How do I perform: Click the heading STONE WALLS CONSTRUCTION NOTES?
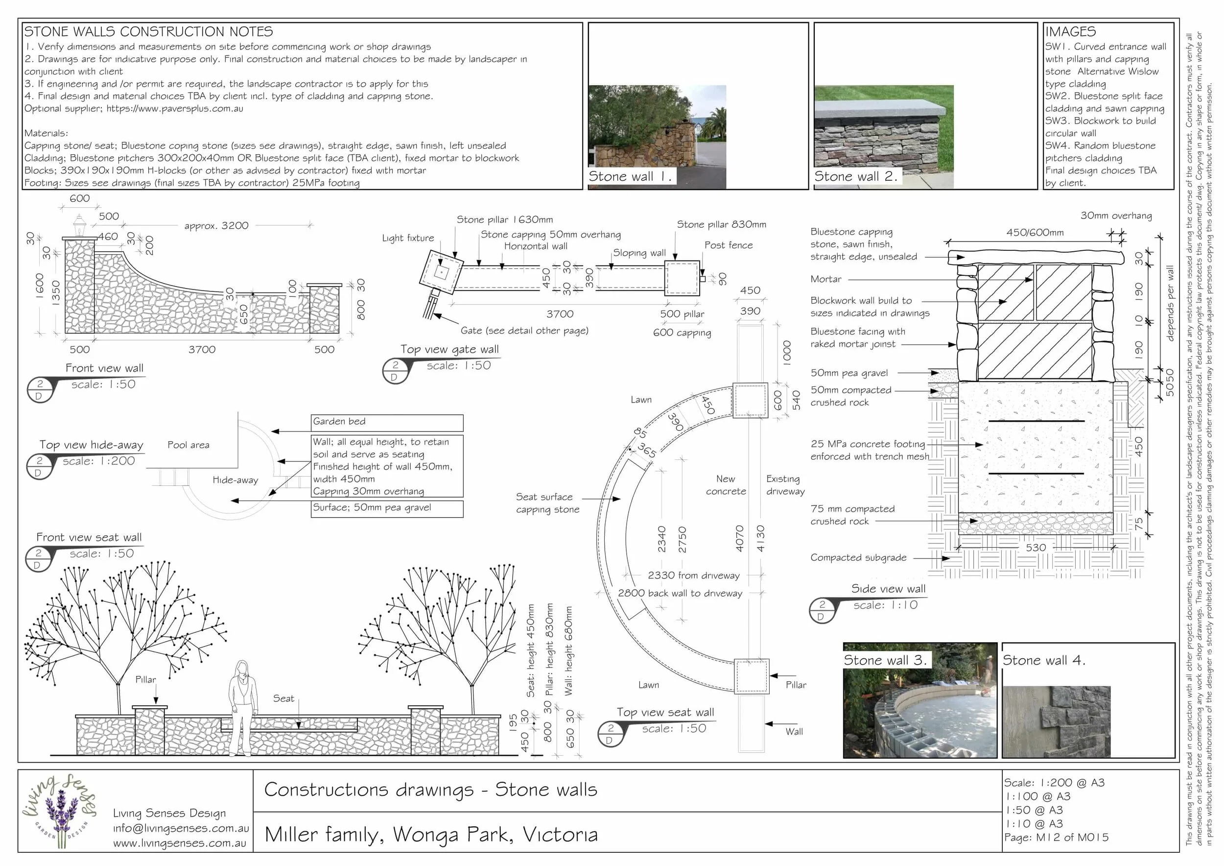tap(148, 31)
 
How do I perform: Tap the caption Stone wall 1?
tap(630, 176)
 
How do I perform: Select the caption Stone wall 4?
tap(1044, 660)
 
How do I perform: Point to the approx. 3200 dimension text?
tap(216, 226)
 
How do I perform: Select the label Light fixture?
tap(408, 238)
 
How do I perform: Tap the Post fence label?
tap(728, 245)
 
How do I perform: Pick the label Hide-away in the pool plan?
tap(235, 480)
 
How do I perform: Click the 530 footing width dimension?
tap(1036, 548)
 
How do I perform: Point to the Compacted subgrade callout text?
tap(858, 558)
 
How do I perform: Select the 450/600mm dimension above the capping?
tap(1034, 233)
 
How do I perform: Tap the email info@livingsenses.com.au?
tap(181, 828)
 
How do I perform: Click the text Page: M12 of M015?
tap(1056, 838)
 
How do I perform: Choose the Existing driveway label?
tap(785, 485)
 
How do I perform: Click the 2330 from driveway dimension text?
tap(694, 576)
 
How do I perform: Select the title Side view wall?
tap(888, 589)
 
